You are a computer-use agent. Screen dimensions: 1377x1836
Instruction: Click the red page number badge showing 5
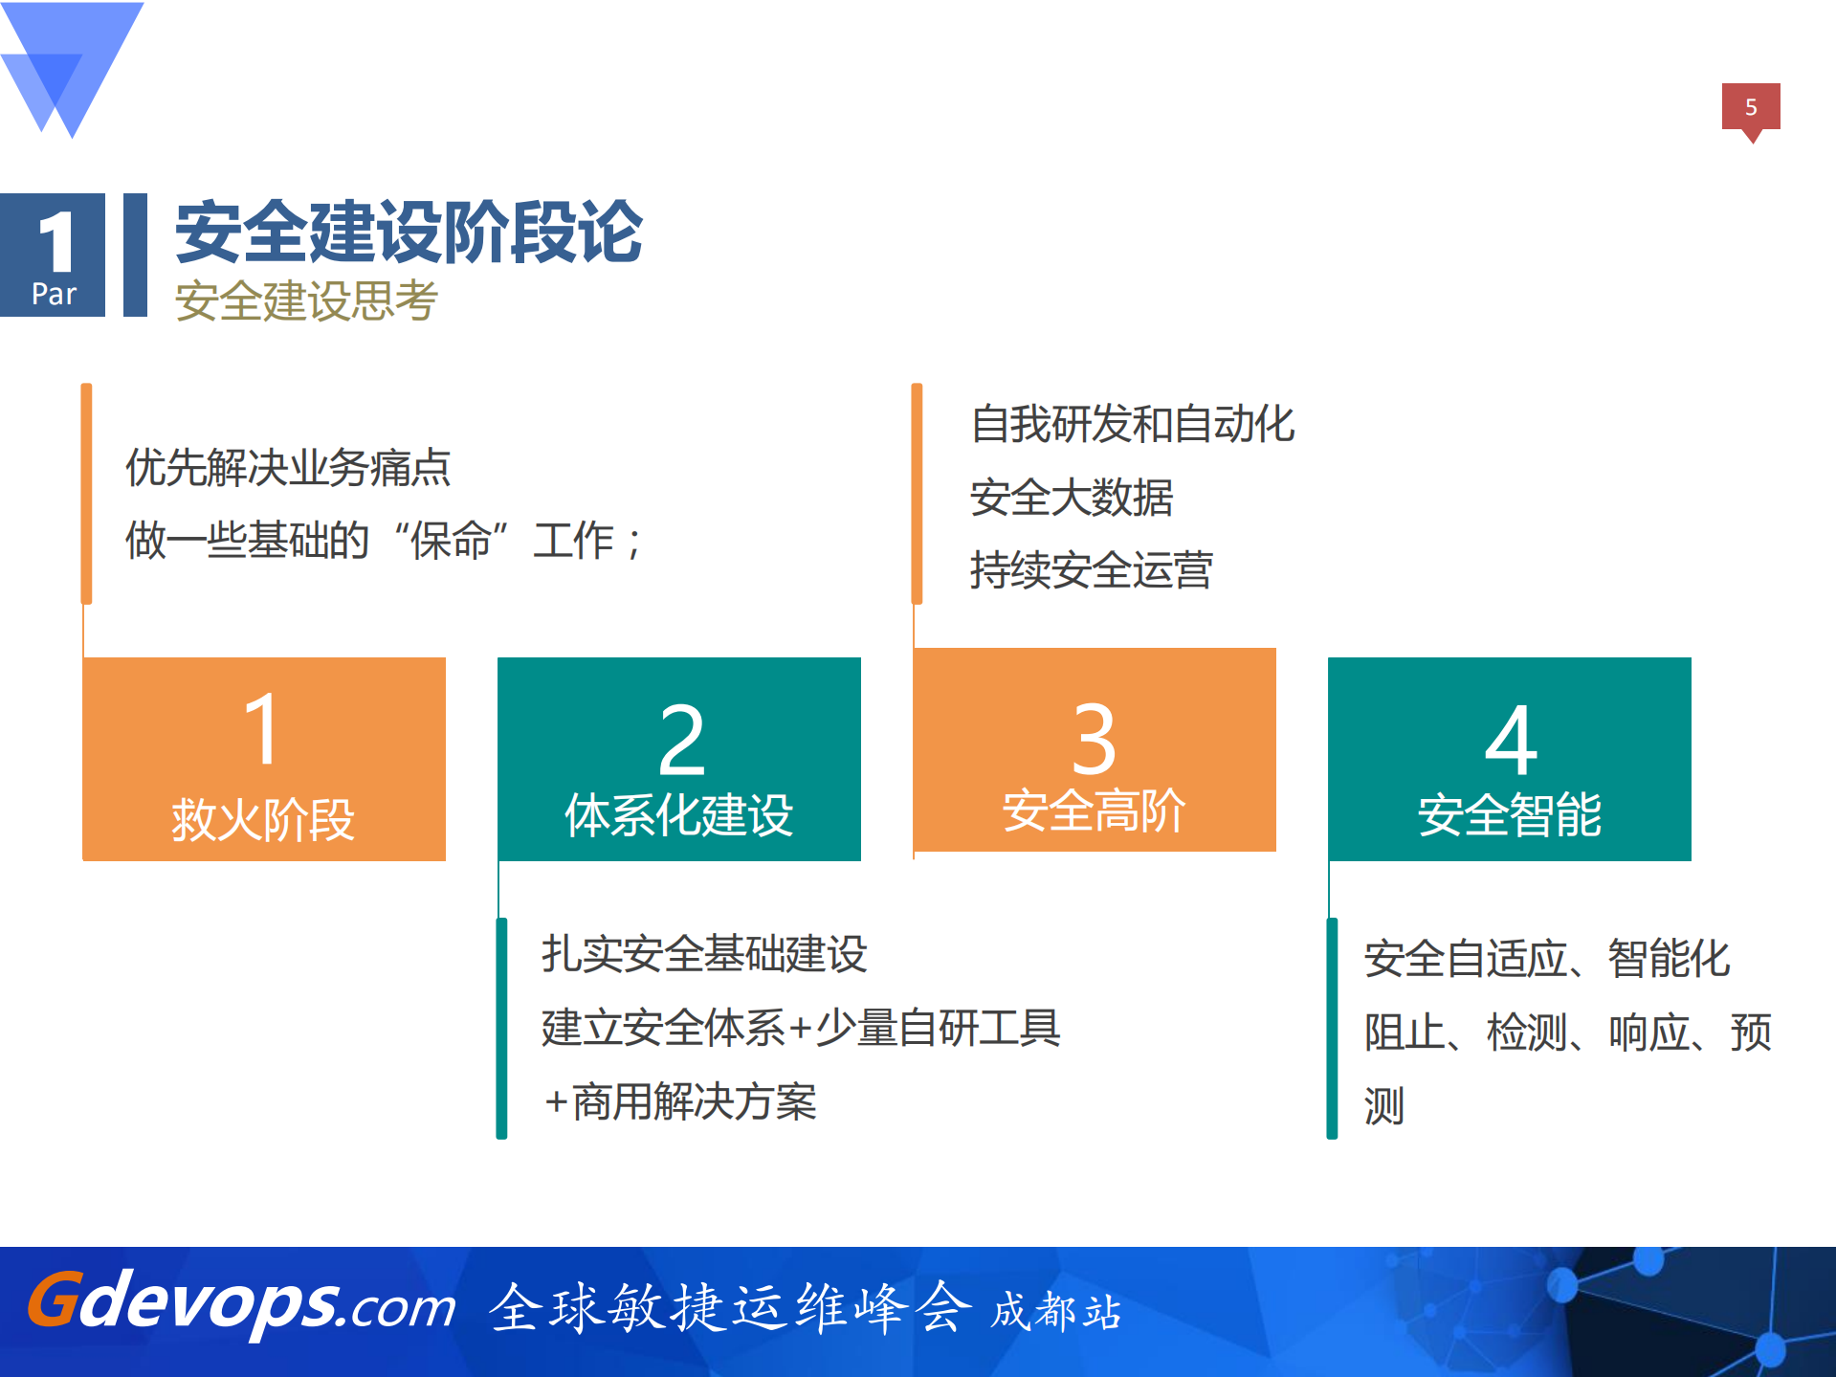[x=1750, y=107]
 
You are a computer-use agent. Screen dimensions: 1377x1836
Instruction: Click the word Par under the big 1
[x=54, y=294]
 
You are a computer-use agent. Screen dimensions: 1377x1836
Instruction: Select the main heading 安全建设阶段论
[x=409, y=233]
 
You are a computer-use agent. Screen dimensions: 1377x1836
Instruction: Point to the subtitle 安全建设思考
[x=306, y=300]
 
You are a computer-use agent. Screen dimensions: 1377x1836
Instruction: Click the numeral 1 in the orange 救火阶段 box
[x=262, y=729]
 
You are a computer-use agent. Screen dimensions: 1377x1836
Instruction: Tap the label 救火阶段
[x=263, y=820]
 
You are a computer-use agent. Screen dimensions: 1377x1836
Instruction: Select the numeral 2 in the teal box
[x=681, y=740]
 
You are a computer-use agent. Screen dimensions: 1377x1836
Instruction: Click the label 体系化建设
[x=678, y=815]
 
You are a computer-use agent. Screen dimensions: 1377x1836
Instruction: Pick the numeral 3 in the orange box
[x=1094, y=740]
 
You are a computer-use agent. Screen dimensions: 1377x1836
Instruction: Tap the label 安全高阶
[x=1094, y=811]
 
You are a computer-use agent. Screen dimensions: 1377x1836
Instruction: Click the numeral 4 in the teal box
[x=1511, y=740]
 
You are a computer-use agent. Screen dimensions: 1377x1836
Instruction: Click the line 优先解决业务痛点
[x=287, y=468]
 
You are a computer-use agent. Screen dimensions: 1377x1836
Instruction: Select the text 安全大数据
[x=1071, y=498]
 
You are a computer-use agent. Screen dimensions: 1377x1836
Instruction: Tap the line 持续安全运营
[x=1091, y=570]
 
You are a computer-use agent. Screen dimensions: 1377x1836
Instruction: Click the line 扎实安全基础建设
[x=704, y=954]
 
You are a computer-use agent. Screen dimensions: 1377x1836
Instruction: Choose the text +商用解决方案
[x=679, y=1101]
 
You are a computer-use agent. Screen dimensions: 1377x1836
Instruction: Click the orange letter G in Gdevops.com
[x=54, y=1300]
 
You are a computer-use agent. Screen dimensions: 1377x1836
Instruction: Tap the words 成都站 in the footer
[x=1055, y=1312]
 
